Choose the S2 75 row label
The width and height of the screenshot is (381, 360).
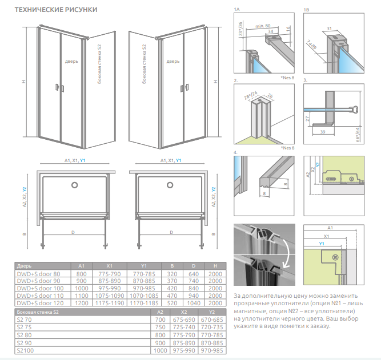[25, 327]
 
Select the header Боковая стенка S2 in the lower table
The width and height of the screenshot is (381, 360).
[38, 313]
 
